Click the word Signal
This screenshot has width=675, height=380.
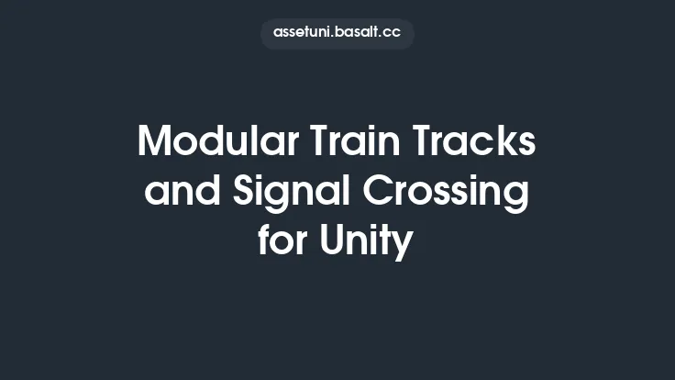coord(283,195)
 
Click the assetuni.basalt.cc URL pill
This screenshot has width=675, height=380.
coord(337,33)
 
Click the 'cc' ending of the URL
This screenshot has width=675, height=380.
coord(393,33)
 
